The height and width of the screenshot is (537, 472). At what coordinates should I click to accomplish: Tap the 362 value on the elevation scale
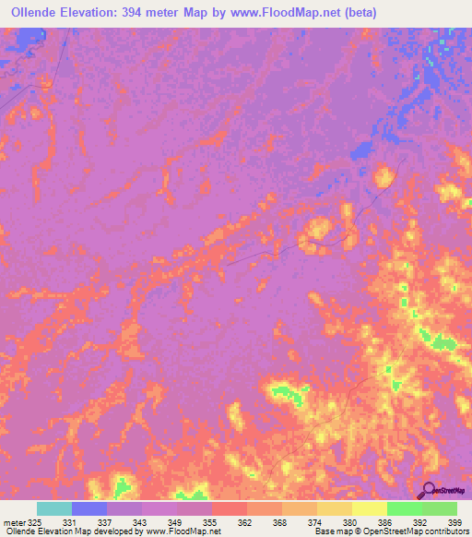point(246,521)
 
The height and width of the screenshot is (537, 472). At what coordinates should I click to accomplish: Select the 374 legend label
point(315,521)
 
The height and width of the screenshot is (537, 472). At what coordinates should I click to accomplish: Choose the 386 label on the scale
point(384,521)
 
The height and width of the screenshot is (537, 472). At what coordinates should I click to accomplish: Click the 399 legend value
point(454,521)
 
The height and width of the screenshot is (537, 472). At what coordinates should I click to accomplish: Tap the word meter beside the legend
point(14,521)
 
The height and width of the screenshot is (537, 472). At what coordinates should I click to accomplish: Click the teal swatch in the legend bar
point(54,508)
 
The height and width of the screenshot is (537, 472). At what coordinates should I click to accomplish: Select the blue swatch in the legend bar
point(89,508)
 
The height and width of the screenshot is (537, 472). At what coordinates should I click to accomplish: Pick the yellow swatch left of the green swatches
point(369,508)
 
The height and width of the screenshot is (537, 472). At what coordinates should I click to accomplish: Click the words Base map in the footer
point(331,531)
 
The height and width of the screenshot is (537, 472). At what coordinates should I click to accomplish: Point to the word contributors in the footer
point(445,531)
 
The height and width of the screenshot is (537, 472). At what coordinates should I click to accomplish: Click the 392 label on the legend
point(419,521)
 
